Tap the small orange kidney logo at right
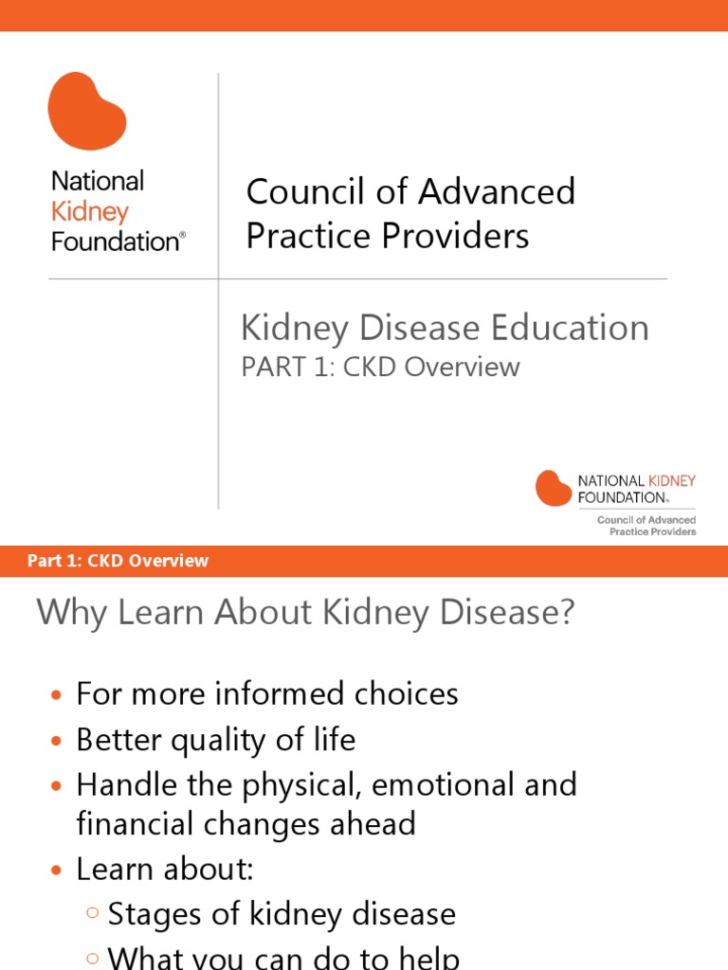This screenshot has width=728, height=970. pos(554,488)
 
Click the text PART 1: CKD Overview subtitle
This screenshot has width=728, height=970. pos(380,367)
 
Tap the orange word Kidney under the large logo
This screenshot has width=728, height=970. pos(89,211)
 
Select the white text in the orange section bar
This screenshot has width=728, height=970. pos(118,561)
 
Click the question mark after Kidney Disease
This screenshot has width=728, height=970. pos(565,613)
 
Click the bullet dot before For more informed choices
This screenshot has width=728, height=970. pos(56,695)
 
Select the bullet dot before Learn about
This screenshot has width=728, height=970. pos(56,870)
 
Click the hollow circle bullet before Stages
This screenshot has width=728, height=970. pos(92,914)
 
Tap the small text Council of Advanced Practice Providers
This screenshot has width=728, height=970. pos(646,526)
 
